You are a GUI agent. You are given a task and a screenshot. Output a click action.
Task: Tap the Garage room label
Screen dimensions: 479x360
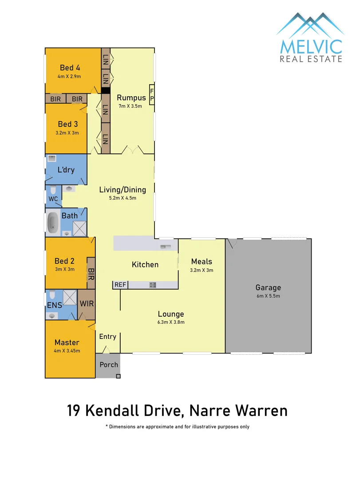pyautogui.click(x=268, y=287)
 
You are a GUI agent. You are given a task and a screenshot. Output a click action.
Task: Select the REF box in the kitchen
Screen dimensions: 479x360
pyautogui.click(x=120, y=285)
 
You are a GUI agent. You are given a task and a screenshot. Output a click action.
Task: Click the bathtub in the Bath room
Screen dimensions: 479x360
pyautogui.click(x=53, y=223)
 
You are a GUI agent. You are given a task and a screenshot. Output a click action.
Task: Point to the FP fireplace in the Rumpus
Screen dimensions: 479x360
pyautogui.click(x=151, y=94)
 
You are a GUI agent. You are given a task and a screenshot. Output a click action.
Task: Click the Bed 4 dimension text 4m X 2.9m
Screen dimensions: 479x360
pyautogui.click(x=73, y=76)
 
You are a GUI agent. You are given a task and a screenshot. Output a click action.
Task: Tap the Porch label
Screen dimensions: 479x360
pyautogui.click(x=109, y=365)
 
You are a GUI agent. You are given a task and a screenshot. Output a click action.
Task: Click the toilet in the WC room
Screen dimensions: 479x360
pyautogui.click(x=53, y=191)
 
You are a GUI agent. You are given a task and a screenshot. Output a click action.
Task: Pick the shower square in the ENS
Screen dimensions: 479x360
pyautogui.click(x=70, y=297)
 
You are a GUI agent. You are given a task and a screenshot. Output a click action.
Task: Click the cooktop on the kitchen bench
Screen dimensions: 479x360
pyautogui.click(x=152, y=285)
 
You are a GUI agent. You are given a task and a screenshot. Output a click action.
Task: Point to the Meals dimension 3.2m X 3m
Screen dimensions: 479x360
pyautogui.click(x=202, y=270)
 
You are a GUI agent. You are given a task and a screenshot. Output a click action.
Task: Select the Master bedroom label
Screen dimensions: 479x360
pyautogui.click(x=67, y=342)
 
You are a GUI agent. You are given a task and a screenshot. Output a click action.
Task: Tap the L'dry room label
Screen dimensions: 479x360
pyautogui.click(x=66, y=170)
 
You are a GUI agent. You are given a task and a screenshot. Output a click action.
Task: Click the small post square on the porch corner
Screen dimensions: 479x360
pyautogui.click(x=118, y=377)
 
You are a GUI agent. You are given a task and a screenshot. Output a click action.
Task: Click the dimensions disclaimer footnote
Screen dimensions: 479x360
pyautogui.click(x=178, y=427)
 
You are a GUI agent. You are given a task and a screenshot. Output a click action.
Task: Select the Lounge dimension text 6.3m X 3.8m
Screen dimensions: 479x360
pyautogui.click(x=171, y=322)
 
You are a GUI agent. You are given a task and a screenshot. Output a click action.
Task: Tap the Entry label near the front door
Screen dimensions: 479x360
pyautogui.click(x=107, y=337)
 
